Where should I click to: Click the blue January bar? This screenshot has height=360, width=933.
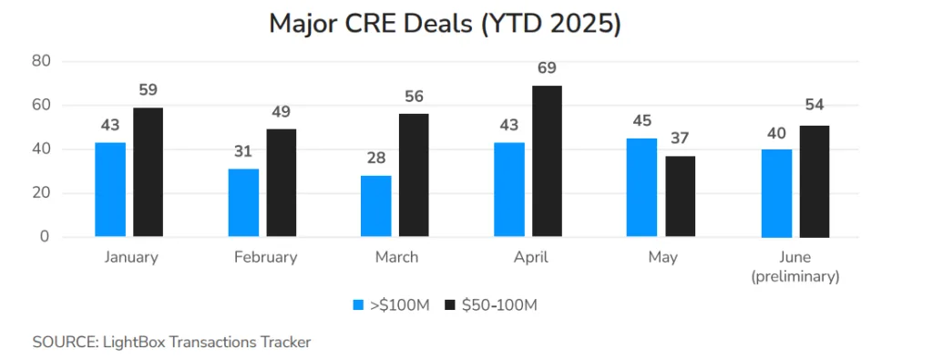tap(111, 190)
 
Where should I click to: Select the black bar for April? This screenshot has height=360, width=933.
tap(547, 161)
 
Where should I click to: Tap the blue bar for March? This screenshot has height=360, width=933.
tap(376, 206)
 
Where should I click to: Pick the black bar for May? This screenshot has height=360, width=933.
tap(680, 196)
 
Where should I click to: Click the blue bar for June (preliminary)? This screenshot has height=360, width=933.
tap(776, 193)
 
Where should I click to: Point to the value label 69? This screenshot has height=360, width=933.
tap(547, 68)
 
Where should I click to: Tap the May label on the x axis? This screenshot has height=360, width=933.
tap(662, 257)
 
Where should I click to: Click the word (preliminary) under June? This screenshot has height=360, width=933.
tap(795, 276)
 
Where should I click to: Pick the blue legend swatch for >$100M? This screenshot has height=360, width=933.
tap(359, 305)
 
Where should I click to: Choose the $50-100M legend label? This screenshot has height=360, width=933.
tap(499, 305)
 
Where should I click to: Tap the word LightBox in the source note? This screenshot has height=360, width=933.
tap(128, 342)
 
